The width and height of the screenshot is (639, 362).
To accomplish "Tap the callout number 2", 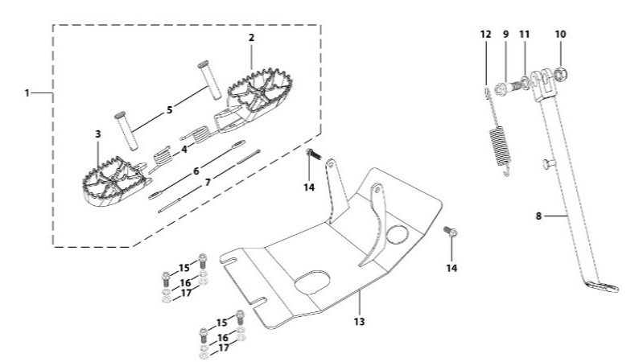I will point(251,38).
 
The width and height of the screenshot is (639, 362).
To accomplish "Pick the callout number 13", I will point(359,321).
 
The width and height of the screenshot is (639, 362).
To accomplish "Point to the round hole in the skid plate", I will point(397,236).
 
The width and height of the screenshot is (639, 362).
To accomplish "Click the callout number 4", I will point(183,148).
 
